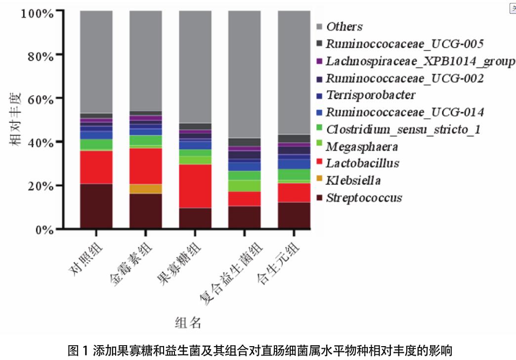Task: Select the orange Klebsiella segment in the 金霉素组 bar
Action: point(145,189)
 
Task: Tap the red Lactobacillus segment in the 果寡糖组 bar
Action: point(195,186)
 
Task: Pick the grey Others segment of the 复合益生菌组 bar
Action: point(244,74)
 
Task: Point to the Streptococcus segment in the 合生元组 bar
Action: point(294,216)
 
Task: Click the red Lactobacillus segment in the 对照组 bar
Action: point(96,167)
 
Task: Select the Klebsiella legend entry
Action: point(353,180)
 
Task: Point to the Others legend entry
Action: point(344,27)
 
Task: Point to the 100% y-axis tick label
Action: point(37,11)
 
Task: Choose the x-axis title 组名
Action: point(188,323)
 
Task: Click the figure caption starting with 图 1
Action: point(259,351)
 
